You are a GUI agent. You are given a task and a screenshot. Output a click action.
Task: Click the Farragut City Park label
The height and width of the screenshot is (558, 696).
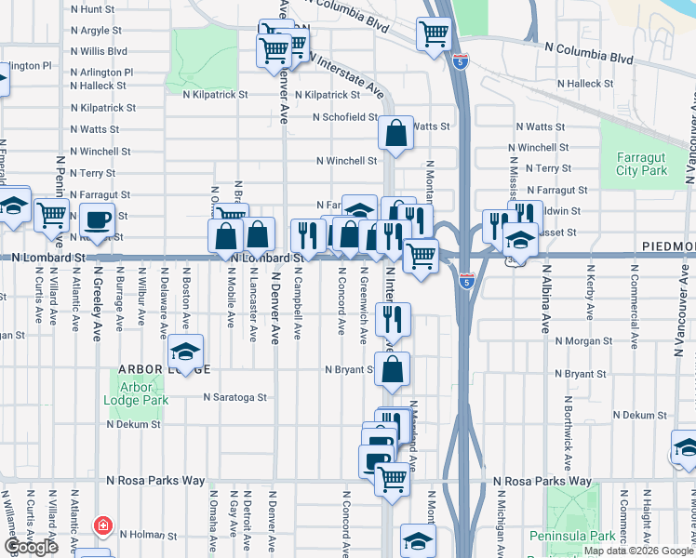point(641,164)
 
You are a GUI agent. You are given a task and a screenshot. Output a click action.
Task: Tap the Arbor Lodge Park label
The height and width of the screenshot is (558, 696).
point(137,393)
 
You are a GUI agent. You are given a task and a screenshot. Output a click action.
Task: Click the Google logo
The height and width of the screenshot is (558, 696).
point(31,547)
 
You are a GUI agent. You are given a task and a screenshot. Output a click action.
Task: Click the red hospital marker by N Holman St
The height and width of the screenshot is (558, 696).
point(101,526)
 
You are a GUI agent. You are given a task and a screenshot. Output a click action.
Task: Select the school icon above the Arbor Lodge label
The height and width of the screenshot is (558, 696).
point(185,353)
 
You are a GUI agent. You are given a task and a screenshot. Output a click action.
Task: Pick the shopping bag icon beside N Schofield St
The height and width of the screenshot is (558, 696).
point(395,132)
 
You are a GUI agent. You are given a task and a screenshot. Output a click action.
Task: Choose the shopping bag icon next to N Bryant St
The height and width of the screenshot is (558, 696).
point(394,368)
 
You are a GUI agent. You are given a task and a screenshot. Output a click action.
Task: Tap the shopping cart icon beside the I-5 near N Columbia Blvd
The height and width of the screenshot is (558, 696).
point(434,35)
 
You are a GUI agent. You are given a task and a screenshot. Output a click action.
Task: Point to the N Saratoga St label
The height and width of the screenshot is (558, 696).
point(235,396)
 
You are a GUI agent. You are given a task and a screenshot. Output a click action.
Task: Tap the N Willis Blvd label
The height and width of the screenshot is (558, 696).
point(99,51)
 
